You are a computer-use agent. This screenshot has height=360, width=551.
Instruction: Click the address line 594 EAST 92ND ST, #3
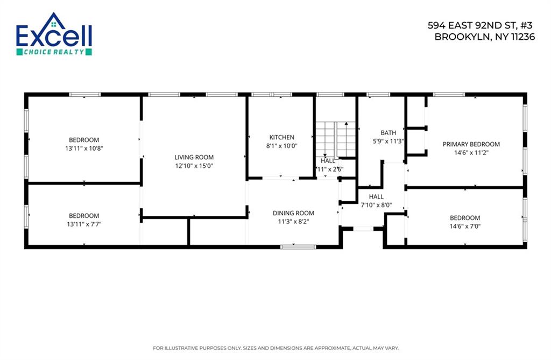(481, 25)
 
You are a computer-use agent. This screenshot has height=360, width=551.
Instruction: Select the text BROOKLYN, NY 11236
(484, 37)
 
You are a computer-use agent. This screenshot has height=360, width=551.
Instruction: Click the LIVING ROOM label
(194, 157)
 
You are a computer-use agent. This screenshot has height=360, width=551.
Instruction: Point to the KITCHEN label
(282, 137)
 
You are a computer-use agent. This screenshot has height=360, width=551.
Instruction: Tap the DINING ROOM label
(293, 213)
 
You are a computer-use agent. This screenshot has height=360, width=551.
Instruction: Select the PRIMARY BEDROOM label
(471, 144)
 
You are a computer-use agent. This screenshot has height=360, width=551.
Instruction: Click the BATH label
(388, 133)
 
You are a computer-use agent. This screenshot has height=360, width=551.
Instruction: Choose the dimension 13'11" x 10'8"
(84, 148)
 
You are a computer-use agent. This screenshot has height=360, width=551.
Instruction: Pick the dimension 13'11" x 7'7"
(84, 224)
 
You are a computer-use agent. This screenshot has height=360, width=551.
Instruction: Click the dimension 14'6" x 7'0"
(465, 226)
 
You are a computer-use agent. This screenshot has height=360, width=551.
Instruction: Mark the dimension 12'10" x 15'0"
(194, 166)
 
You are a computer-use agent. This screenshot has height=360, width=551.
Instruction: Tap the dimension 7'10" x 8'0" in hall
(376, 204)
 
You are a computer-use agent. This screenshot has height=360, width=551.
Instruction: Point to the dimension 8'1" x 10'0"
(282, 145)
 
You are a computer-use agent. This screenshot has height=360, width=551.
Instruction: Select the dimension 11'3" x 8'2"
(293, 221)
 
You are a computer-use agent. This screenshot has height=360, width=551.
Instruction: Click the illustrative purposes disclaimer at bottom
(275, 348)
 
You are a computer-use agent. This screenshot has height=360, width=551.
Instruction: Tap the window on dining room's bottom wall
(298, 246)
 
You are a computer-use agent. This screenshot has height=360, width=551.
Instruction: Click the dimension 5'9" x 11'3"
(388, 141)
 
